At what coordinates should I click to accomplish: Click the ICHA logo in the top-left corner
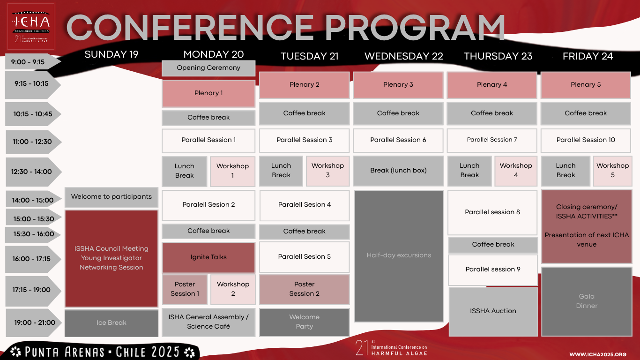pos(31,27)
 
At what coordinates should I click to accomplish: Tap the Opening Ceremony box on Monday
pos(208,68)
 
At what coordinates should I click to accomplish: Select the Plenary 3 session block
pos(398,85)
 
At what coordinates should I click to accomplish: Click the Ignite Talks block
pos(208,257)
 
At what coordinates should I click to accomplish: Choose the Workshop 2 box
pos(233,289)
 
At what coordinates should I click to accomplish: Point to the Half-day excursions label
pos(399,255)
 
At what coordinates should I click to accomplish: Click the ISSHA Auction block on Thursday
pos(493,311)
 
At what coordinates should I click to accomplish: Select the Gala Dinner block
pos(587,301)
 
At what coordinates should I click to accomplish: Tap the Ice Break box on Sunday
pos(112,323)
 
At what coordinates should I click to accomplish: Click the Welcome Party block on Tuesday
pos(304,322)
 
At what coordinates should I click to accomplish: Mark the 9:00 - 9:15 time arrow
pos(33,62)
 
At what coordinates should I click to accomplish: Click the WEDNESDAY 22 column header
pos(404,56)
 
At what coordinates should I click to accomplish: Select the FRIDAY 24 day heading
pos(588,56)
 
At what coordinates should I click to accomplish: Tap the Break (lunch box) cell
pos(398,171)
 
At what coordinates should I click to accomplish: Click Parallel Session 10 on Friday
pos(586,140)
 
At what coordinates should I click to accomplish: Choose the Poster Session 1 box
pos(185,289)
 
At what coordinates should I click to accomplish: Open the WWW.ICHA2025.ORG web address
pos(598,354)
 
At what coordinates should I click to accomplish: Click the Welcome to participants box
pos(112,197)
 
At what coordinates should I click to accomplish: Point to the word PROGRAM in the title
pos(414,27)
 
